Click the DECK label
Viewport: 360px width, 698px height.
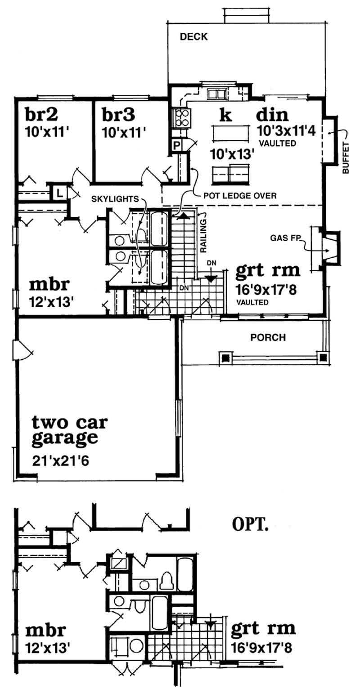pyautogui.click(x=193, y=37)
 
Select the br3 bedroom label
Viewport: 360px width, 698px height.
pyautogui.click(x=118, y=115)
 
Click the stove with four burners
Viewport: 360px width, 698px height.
pyautogui.click(x=182, y=118)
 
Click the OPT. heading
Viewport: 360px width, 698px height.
pyautogui.click(x=250, y=525)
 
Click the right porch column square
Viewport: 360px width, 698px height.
pyautogui.click(x=323, y=358)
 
